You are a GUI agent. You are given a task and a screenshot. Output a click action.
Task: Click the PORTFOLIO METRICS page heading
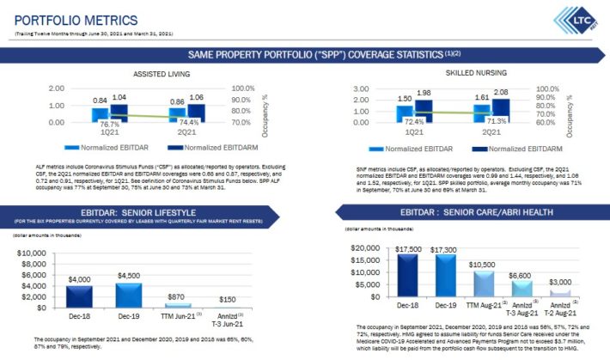coord(76,19)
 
